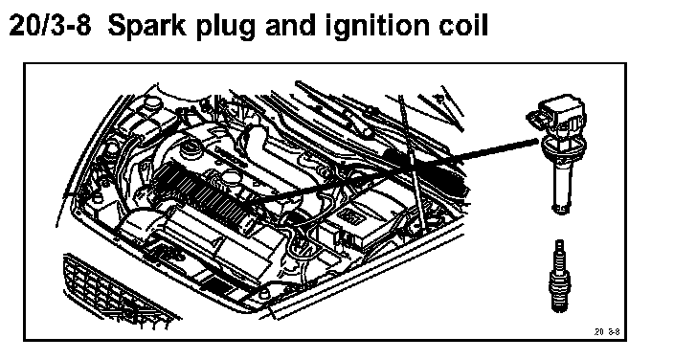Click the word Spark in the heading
[x=146, y=26]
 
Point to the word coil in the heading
[x=463, y=26]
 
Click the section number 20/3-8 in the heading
[x=51, y=26]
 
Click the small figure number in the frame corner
[x=607, y=331]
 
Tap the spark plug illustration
[x=559, y=276]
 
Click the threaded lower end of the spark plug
[x=559, y=302]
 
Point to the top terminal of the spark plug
[x=559, y=245]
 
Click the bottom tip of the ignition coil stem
[x=561, y=209]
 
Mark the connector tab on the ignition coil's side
[x=534, y=119]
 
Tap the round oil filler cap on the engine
[x=191, y=149]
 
